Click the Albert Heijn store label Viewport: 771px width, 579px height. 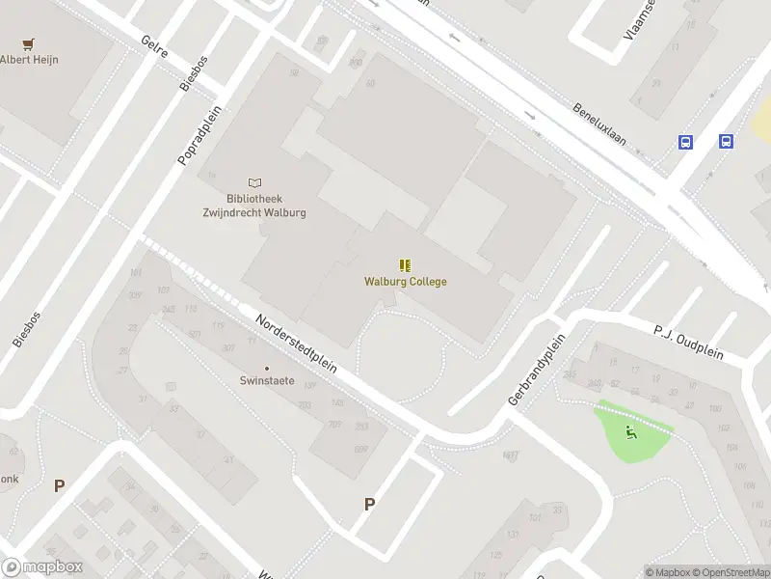pos(29,60)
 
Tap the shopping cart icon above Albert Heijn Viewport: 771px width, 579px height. pos(29,44)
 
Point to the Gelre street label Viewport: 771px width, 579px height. pos(154,47)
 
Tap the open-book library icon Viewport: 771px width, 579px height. pos(254,182)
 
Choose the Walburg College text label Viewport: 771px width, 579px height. pos(405,282)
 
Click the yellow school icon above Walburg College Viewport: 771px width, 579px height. pos(405,264)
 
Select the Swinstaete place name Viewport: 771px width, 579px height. pos(267,381)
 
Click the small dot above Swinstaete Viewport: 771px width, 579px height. pos(267,368)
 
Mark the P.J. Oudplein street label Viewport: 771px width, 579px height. pos(688,342)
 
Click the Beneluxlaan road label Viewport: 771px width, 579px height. pos(599,124)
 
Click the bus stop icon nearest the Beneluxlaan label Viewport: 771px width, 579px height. pos(685,142)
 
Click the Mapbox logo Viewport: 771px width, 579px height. pos(42,567)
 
